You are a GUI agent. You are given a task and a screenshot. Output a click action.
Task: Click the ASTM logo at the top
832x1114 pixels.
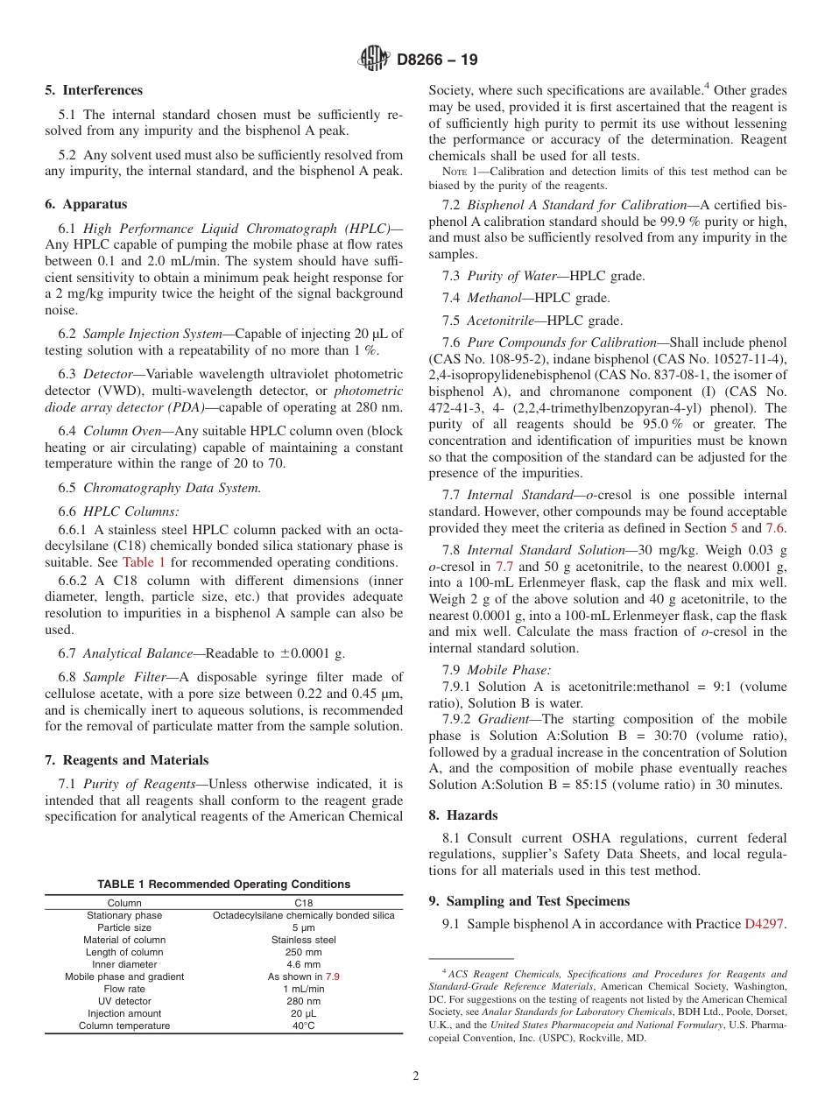[374, 60]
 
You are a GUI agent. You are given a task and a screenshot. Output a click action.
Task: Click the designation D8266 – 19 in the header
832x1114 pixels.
[437, 60]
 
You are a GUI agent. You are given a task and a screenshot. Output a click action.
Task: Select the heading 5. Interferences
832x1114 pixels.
[94, 90]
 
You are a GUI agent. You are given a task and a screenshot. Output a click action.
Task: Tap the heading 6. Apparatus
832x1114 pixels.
[86, 204]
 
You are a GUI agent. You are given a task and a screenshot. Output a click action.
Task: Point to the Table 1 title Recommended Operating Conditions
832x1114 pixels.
[223, 885]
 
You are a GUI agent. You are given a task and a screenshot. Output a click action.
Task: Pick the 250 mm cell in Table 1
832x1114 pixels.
[303, 952]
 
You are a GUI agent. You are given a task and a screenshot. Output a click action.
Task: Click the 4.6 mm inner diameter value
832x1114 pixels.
[303, 964]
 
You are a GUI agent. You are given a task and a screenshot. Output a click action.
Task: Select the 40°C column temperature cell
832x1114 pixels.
[303, 1026]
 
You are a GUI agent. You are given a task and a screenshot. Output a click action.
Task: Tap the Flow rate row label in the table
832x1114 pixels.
[124, 989]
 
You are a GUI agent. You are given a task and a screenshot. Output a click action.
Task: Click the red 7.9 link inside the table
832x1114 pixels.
[333, 977]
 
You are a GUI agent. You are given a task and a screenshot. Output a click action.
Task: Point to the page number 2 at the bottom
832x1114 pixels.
[416, 1076]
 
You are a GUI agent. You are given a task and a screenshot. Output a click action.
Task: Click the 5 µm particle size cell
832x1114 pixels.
[303, 927]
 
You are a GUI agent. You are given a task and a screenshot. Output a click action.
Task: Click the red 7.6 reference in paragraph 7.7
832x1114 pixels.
[776, 528]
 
